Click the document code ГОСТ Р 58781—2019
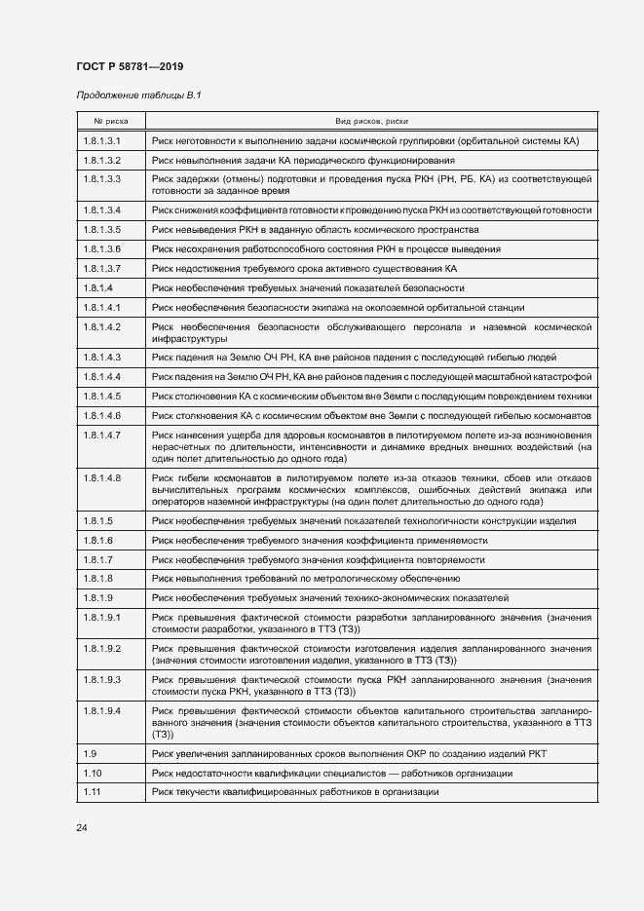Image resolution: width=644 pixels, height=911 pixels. tap(130, 65)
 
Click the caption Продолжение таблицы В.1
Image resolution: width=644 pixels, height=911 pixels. tap(138, 95)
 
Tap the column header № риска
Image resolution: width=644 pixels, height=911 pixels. tap(110, 122)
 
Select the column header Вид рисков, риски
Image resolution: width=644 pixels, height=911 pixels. tap(370, 122)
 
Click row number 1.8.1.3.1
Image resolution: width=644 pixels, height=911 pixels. tap(102, 141)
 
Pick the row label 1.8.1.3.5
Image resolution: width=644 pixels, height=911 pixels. tap(102, 230)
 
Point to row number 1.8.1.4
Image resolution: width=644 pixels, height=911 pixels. tap(98, 288)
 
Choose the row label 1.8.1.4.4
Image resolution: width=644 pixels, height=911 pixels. tap(102, 376)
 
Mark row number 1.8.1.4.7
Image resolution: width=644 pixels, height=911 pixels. tap(102, 435)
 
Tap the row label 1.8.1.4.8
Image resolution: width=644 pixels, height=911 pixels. tap(102, 477)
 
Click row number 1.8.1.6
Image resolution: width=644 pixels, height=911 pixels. tap(98, 540)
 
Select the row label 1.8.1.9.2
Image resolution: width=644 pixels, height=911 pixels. tap(102, 648)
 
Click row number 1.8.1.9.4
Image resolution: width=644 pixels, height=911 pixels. tap(102, 711)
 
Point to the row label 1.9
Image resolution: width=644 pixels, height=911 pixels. tap(90, 754)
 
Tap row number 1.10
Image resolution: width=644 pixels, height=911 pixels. tap(92, 774)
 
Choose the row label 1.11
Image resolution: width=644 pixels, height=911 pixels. tap(92, 792)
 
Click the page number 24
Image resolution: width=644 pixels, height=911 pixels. tap(82, 827)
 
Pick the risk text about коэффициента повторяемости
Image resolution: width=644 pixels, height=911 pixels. tap(319, 559)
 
